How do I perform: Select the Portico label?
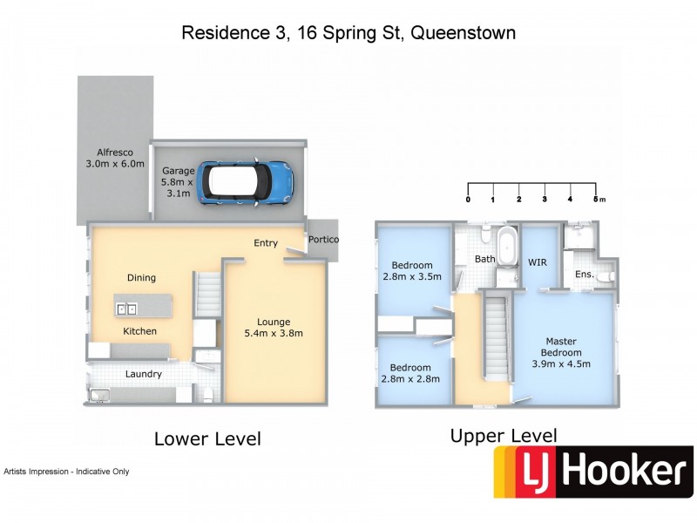(322, 240)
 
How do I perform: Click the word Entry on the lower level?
(266, 243)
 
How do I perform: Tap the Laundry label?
(143, 374)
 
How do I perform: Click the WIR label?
(538, 261)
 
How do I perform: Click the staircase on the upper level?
(495, 336)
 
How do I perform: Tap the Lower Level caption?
(207, 438)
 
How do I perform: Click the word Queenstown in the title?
(464, 33)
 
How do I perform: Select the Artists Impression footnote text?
(66, 472)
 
